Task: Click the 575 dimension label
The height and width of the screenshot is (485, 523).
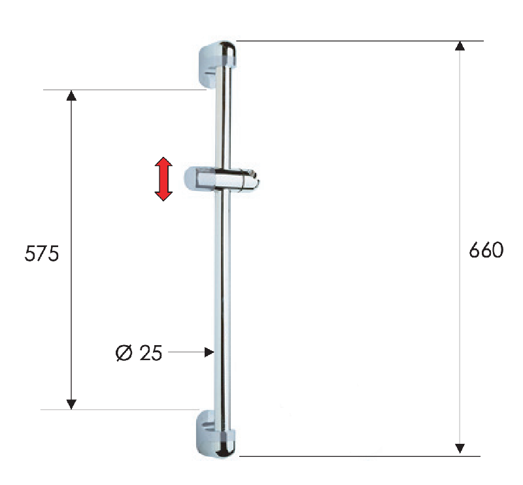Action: tap(42, 253)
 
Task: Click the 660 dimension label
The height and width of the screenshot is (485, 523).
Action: tap(486, 250)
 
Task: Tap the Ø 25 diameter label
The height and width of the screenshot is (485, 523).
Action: tap(139, 352)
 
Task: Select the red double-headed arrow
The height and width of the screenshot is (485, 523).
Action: tap(163, 179)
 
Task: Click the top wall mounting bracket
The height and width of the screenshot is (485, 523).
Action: tap(218, 63)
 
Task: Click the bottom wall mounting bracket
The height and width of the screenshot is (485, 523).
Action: tap(217, 433)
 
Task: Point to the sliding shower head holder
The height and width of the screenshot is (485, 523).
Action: tap(222, 180)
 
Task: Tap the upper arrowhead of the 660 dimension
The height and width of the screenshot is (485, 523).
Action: tap(460, 46)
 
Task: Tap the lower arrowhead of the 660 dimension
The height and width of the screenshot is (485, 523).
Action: tap(460, 448)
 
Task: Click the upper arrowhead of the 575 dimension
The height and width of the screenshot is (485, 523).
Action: tap(71, 95)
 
